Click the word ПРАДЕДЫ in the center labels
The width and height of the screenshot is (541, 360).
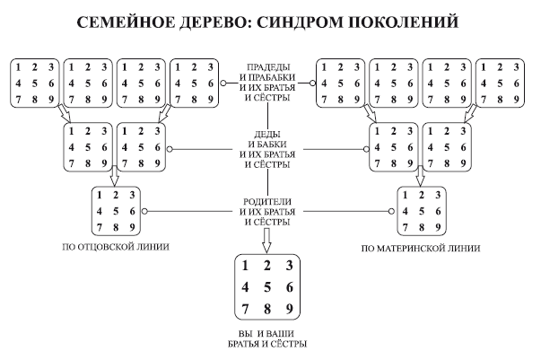[268, 66]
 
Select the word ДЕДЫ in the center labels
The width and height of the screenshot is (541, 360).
[268, 134]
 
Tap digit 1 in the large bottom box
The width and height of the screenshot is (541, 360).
[244, 266]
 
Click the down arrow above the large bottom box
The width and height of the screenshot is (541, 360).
[267, 239]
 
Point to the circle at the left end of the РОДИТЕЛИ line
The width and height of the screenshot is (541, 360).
[144, 212]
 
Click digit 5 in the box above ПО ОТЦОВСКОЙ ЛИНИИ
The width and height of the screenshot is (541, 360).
[115, 211]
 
